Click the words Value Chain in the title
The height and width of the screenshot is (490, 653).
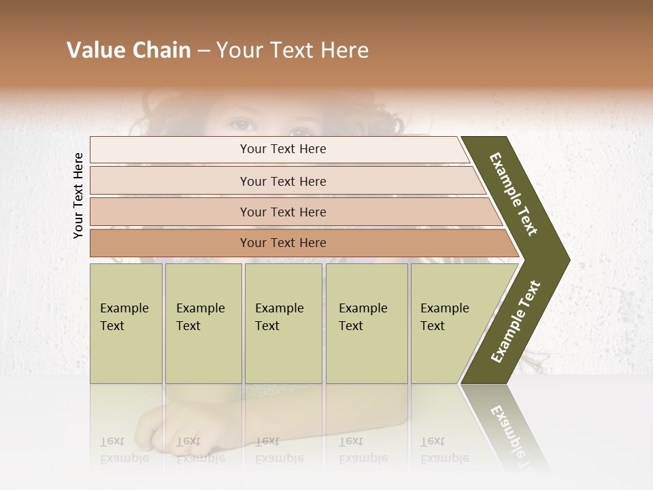click(x=129, y=50)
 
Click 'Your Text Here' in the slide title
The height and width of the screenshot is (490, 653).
click(x=292, y=50)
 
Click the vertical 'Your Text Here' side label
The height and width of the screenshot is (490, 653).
click(x=78, y=195)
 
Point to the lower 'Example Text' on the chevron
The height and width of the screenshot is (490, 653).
click(x=516, y=321)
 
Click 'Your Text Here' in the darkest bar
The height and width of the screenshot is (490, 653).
click(x=283, y=243)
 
